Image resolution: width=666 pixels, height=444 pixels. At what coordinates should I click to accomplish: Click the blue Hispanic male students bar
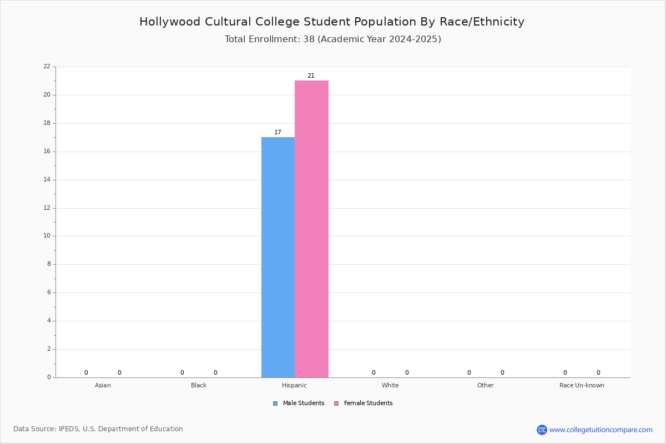click(278, 257)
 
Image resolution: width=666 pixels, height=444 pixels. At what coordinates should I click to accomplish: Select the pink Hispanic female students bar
click(311, 229)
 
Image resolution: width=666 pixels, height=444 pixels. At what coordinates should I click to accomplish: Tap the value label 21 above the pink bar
click(311, 76)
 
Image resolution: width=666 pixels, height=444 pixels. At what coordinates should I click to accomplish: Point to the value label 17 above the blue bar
click(277, 132)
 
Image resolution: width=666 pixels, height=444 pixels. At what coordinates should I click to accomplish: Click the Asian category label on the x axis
click(103, 385)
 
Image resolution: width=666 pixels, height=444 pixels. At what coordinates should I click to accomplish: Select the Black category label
click(199, 385)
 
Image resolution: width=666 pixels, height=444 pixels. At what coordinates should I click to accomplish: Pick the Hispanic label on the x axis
click(294, 385)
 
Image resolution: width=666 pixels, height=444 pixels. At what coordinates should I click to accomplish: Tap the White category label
click(390, 385)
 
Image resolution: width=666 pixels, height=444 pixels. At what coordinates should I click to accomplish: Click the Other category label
click(486, 385)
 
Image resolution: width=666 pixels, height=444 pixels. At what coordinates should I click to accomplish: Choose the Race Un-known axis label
click(582, 385)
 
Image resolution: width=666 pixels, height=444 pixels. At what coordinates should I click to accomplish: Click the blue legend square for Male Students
click(275, 403)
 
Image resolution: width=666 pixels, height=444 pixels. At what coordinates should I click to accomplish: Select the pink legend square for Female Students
click(336, 403)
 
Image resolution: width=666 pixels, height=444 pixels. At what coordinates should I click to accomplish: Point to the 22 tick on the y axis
click(47, 66)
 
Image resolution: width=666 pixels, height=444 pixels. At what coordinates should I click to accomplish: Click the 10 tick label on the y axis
click(47, 236)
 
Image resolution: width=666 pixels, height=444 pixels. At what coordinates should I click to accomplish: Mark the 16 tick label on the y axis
click(47, 152)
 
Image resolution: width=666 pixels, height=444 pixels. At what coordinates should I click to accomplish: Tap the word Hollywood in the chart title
click(170, 22)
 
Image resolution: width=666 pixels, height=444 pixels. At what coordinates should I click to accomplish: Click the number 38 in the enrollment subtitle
click(309, 39)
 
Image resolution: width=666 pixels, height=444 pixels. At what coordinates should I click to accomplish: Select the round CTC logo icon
click(542, 430)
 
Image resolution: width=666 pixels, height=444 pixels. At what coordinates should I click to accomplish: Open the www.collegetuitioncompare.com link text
click(601, 430)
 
